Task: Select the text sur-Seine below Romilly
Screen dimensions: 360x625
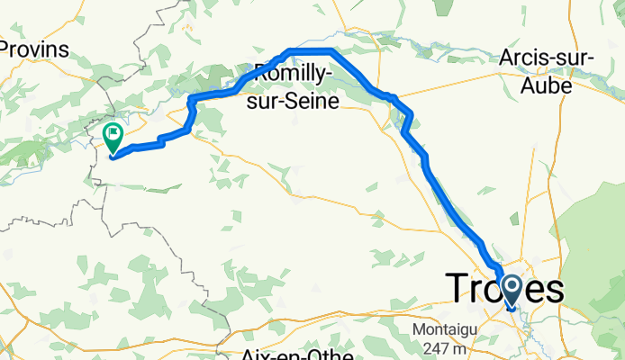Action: pos(296,102)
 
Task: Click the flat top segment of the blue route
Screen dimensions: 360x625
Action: pos(311,49)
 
